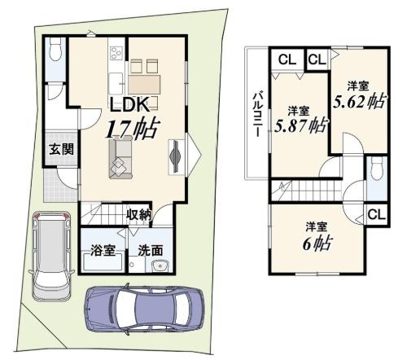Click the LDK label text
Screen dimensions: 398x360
pyautogui.click(x=129, y=104)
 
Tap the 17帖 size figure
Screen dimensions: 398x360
pyautogui.click(x=131, y=130)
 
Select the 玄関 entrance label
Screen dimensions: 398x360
pyautogui.click(x=62, y=149)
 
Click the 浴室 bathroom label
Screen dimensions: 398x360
pyautogui.click(x=103, y=250)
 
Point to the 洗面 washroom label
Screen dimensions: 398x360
pyautogui.click(x=151, y=250)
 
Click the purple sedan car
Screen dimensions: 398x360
pyautogui.click(x=144, y=309)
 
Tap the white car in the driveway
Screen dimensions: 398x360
pyautogui.click(x=51, y=256)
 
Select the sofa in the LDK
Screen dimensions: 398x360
pyautogui.click(x=120, y=157)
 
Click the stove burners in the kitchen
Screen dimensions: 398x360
pyautogui.click(x=117, y=52)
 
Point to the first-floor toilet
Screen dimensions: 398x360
pyautogui.click(x=56, y=50)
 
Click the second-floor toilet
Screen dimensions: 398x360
pyautogui.click(x=376, y=169)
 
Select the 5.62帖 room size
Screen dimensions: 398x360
pyautogui.click(x=359, y=102)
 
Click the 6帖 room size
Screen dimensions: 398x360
pyautogui.click(x=317, y=244)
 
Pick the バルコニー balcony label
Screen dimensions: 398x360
pyautogui.click(x=258, y=114)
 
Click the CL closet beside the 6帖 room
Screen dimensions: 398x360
pyautogui.click(x=377, y=215)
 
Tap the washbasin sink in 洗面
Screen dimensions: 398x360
pyautogui.click(x=160, y=266)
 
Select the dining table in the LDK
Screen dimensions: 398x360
pyautogui.click(x=144, y=85)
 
